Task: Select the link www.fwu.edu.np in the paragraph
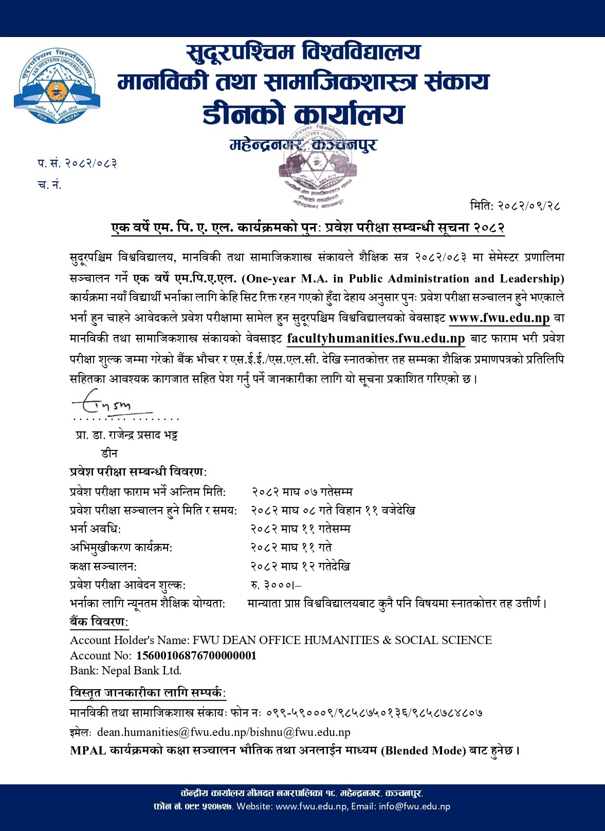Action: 499,318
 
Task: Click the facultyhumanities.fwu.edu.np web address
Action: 376,338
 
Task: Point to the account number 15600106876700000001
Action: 196,655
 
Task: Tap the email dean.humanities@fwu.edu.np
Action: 173,732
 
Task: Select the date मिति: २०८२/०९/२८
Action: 515,206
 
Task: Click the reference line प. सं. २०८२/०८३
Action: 77,163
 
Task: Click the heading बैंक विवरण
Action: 99,622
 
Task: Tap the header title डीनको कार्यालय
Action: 303,114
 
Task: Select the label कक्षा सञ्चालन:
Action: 103,566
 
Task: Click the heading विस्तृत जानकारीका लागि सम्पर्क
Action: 148,693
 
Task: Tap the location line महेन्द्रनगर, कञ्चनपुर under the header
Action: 303,145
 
